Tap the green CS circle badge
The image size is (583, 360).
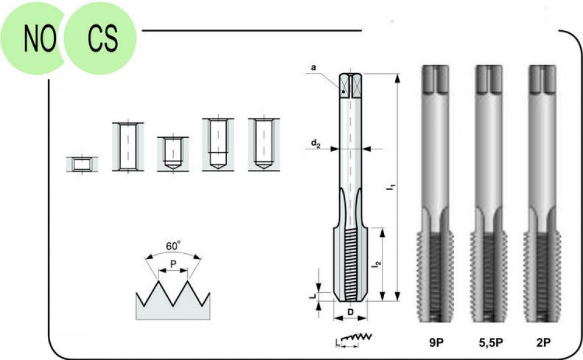[x=100, y=38]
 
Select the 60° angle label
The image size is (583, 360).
[x=173, y=246]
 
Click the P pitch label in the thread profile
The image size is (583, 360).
[x=173, y=264]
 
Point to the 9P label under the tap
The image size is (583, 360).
[x=437, y=342]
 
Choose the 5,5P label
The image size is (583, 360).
[x=491, y=342]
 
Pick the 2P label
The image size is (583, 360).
[x=543, y=342]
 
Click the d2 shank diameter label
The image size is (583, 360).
[x=315, y=144]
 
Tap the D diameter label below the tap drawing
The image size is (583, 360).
[x=350, y=312]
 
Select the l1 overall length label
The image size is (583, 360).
[x=391, y=187]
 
